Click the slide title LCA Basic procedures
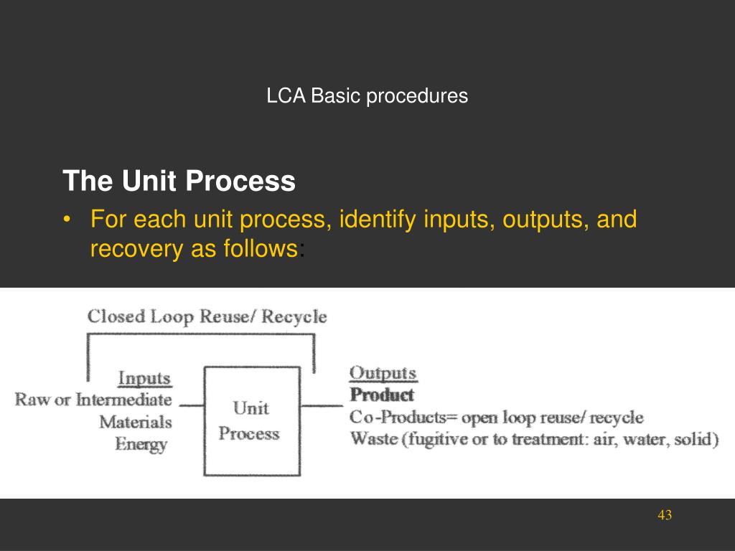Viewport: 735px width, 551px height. pyautogui.click(x=367, y=95)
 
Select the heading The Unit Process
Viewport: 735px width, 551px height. pyautogui.click(x=179, y=182)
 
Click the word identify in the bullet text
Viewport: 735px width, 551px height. pyautogui.click(x=378, y=220)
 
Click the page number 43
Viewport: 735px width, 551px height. pyautogui.click(x=664, y=515)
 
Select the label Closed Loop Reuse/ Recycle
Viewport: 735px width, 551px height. pyautogui.click(x=207, y=316)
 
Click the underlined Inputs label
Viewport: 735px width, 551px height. pyautogui.click(x=144, y=378)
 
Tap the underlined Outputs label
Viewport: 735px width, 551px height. pyautogui.click(x=383, y=373)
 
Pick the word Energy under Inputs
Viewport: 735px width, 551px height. pyautogui.click(x=141, y=444)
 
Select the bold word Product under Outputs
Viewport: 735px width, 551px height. pyautogui.click(x=381, y=395)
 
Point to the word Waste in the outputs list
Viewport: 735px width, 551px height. pyautogui.click(x=371, y=438)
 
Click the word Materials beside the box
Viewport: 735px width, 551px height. pyautogui.click(x=136, y=422)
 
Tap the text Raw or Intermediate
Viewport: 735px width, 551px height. pyautogui.click(x=94, y=400)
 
